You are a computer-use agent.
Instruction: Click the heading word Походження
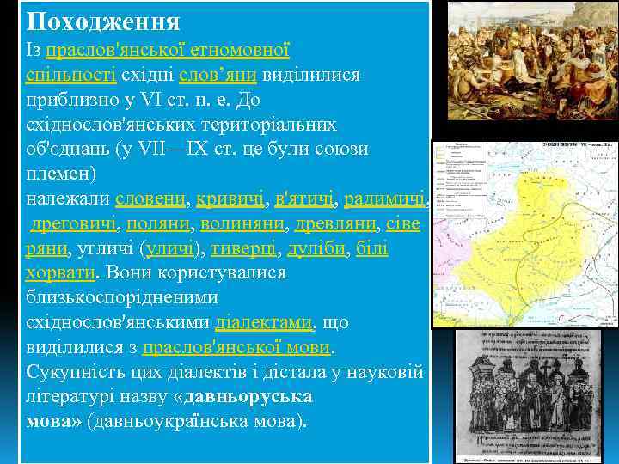[101, 21]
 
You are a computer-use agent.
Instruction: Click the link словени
[151, 199]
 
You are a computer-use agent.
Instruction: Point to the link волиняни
[243, 224]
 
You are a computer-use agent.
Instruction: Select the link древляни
[332, 224]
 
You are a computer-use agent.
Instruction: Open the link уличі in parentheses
[172, 249]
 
